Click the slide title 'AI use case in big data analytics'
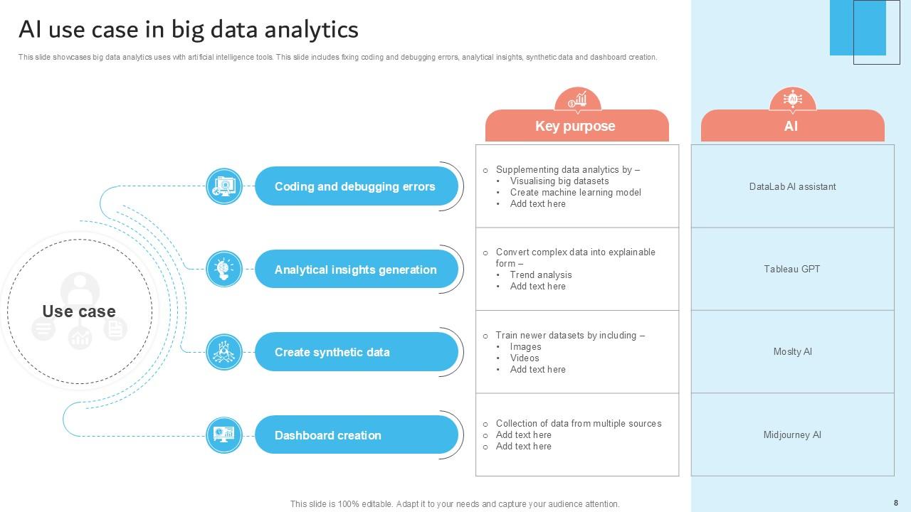click(189, 30)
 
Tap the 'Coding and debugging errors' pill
click(356, 186)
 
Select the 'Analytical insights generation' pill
click(356, 270)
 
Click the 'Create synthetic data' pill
click(356, 352)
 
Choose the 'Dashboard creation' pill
click(356, 435)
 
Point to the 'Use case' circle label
click(79, 311)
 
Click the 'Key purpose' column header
click(576, 127)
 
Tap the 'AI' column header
click(791, 127)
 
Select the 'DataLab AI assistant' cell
click(792, 186)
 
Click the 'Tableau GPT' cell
click(792, 269)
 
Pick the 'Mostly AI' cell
click(792, 351)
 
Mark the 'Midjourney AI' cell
click(792, 434)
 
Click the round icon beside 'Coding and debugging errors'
click(224, 186)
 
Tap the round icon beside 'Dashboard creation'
click(224, 434)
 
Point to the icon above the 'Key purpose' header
click(577, 100)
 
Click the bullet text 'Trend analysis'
click(541, 275)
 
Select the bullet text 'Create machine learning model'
click(575, 193)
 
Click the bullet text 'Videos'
click(525, 358)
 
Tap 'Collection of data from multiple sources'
click(579, 424)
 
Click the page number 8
click(896, 502)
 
